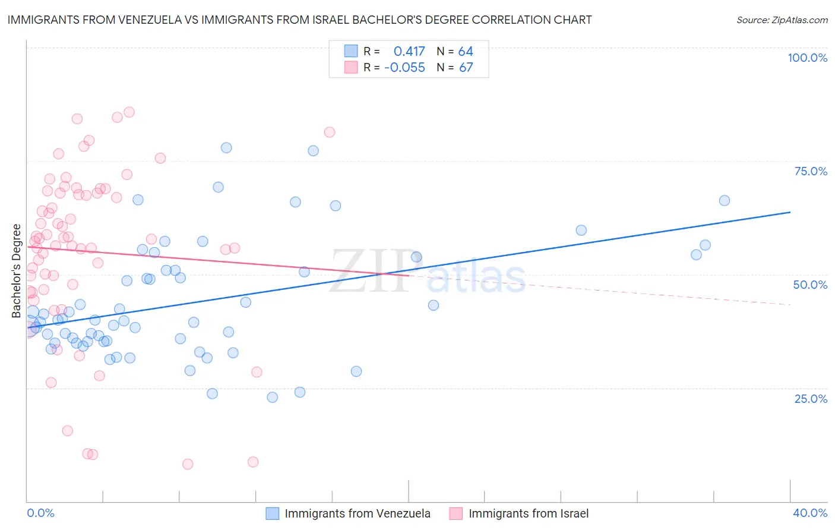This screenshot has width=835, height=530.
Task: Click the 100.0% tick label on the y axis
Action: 807,58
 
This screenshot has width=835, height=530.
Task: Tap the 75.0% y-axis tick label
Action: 811,171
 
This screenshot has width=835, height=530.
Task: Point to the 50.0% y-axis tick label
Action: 810,285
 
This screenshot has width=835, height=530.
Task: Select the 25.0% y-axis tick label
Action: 811,399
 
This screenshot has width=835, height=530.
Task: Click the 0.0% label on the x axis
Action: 40,513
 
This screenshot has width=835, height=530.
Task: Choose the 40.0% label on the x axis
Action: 810,513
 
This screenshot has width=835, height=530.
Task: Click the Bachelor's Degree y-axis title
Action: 17,271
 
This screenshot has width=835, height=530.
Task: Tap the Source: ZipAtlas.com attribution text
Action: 782,20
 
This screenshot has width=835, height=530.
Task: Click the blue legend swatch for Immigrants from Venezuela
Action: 273,513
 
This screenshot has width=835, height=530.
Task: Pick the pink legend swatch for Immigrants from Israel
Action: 456,513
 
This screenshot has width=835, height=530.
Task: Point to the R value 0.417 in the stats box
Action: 409,52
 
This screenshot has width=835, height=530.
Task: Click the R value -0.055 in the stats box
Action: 404,68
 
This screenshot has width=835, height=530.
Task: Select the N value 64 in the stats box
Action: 466,52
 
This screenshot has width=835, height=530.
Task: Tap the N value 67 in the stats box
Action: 466,68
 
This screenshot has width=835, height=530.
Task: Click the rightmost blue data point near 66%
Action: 724,201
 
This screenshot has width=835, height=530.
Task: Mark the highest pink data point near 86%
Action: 129,112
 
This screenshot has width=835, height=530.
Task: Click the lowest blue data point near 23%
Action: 272,398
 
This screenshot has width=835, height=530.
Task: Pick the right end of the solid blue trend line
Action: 790,212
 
